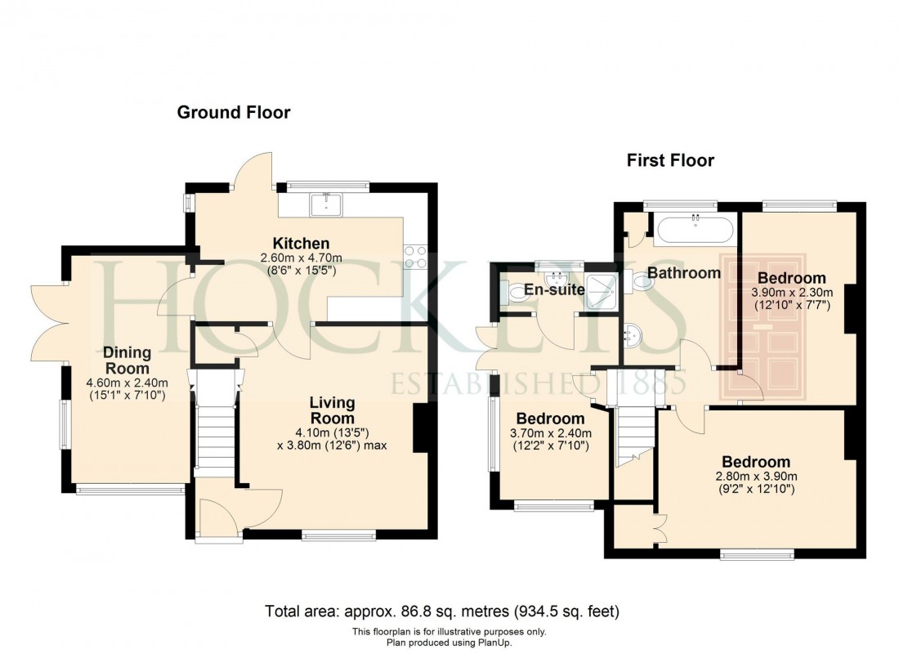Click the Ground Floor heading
click(234, 113)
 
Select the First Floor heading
click(670, 160)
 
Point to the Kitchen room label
click(301, 244)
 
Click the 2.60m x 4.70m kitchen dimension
click(301, 258)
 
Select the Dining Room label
click(127, 361)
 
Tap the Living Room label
click(332, 410)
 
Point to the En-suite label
click(554, 289)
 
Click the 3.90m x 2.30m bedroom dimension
click(792, 293)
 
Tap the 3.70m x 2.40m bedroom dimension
click(550, 433)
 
